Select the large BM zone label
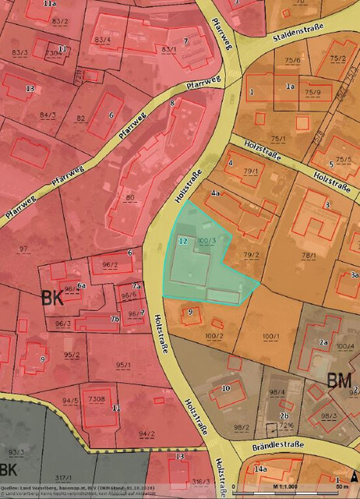click(339, 382)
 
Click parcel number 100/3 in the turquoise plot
click(206, 241)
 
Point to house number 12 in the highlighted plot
click(183, 242)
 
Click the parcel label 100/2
click(214, 335)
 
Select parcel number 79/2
click(250, 255)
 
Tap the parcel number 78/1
click(310, 255)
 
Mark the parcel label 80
click(130, 198)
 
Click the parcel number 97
click(23, 249)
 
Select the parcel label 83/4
click(102, 40)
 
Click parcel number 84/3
click(48, 115)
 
